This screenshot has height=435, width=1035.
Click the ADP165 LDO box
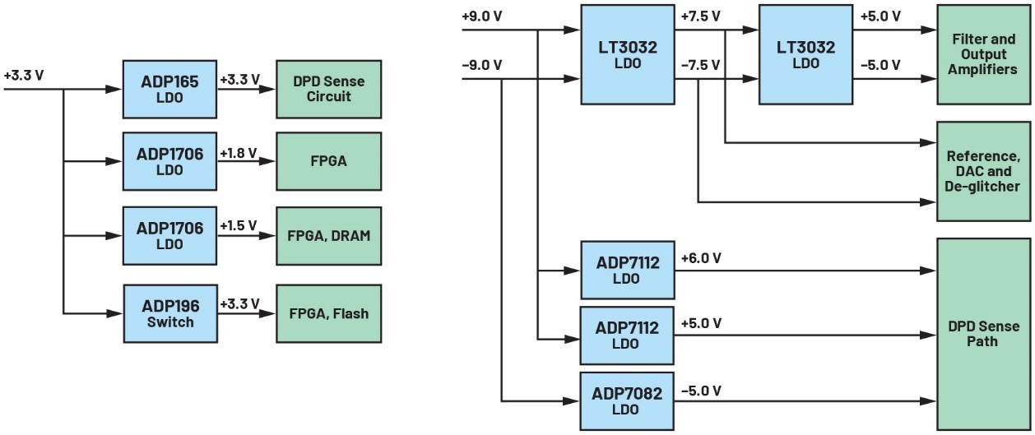[169, 88]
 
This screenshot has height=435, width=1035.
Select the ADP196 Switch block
[169, 313]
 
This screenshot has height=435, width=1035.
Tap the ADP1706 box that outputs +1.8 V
[169, 160]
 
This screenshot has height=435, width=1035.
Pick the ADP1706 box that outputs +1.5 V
[169, 235]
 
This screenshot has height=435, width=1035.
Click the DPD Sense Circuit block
[328, 88]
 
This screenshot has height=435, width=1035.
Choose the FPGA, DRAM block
[328, 235]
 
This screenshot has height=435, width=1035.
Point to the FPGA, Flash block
[328, 313]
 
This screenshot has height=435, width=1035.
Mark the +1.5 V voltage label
[239, 225]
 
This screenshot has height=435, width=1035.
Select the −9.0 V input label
[482, 64]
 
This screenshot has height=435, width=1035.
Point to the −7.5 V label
[701, 64]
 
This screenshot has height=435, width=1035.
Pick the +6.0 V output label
[701, 258]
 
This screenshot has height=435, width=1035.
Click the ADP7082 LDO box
[627, 400]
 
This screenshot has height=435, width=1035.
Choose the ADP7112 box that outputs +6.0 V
[627, 270]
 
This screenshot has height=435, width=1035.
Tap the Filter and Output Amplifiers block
[982, 55]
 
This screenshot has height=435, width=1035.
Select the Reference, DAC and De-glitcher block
[982, 171]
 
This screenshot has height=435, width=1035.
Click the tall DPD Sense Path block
[982, 334]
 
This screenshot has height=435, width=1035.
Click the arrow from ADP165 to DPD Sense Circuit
[247, 88]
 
